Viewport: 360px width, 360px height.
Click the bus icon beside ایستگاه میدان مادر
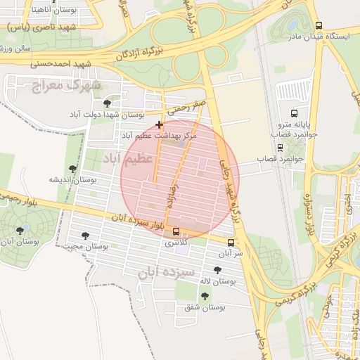[319, 25]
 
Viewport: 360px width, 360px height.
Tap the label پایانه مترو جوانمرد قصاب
[302, 128]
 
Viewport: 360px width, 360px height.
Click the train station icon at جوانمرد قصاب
[281, 148]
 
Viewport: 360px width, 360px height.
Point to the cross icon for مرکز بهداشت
[160, 124]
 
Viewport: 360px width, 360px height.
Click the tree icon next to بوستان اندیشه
[72, 169]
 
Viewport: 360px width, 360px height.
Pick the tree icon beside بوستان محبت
[85, 236]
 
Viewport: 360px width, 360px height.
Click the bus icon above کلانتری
[176, 232]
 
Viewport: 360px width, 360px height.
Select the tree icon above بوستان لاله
[217, 270]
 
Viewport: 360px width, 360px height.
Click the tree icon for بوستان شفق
[205, 296]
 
